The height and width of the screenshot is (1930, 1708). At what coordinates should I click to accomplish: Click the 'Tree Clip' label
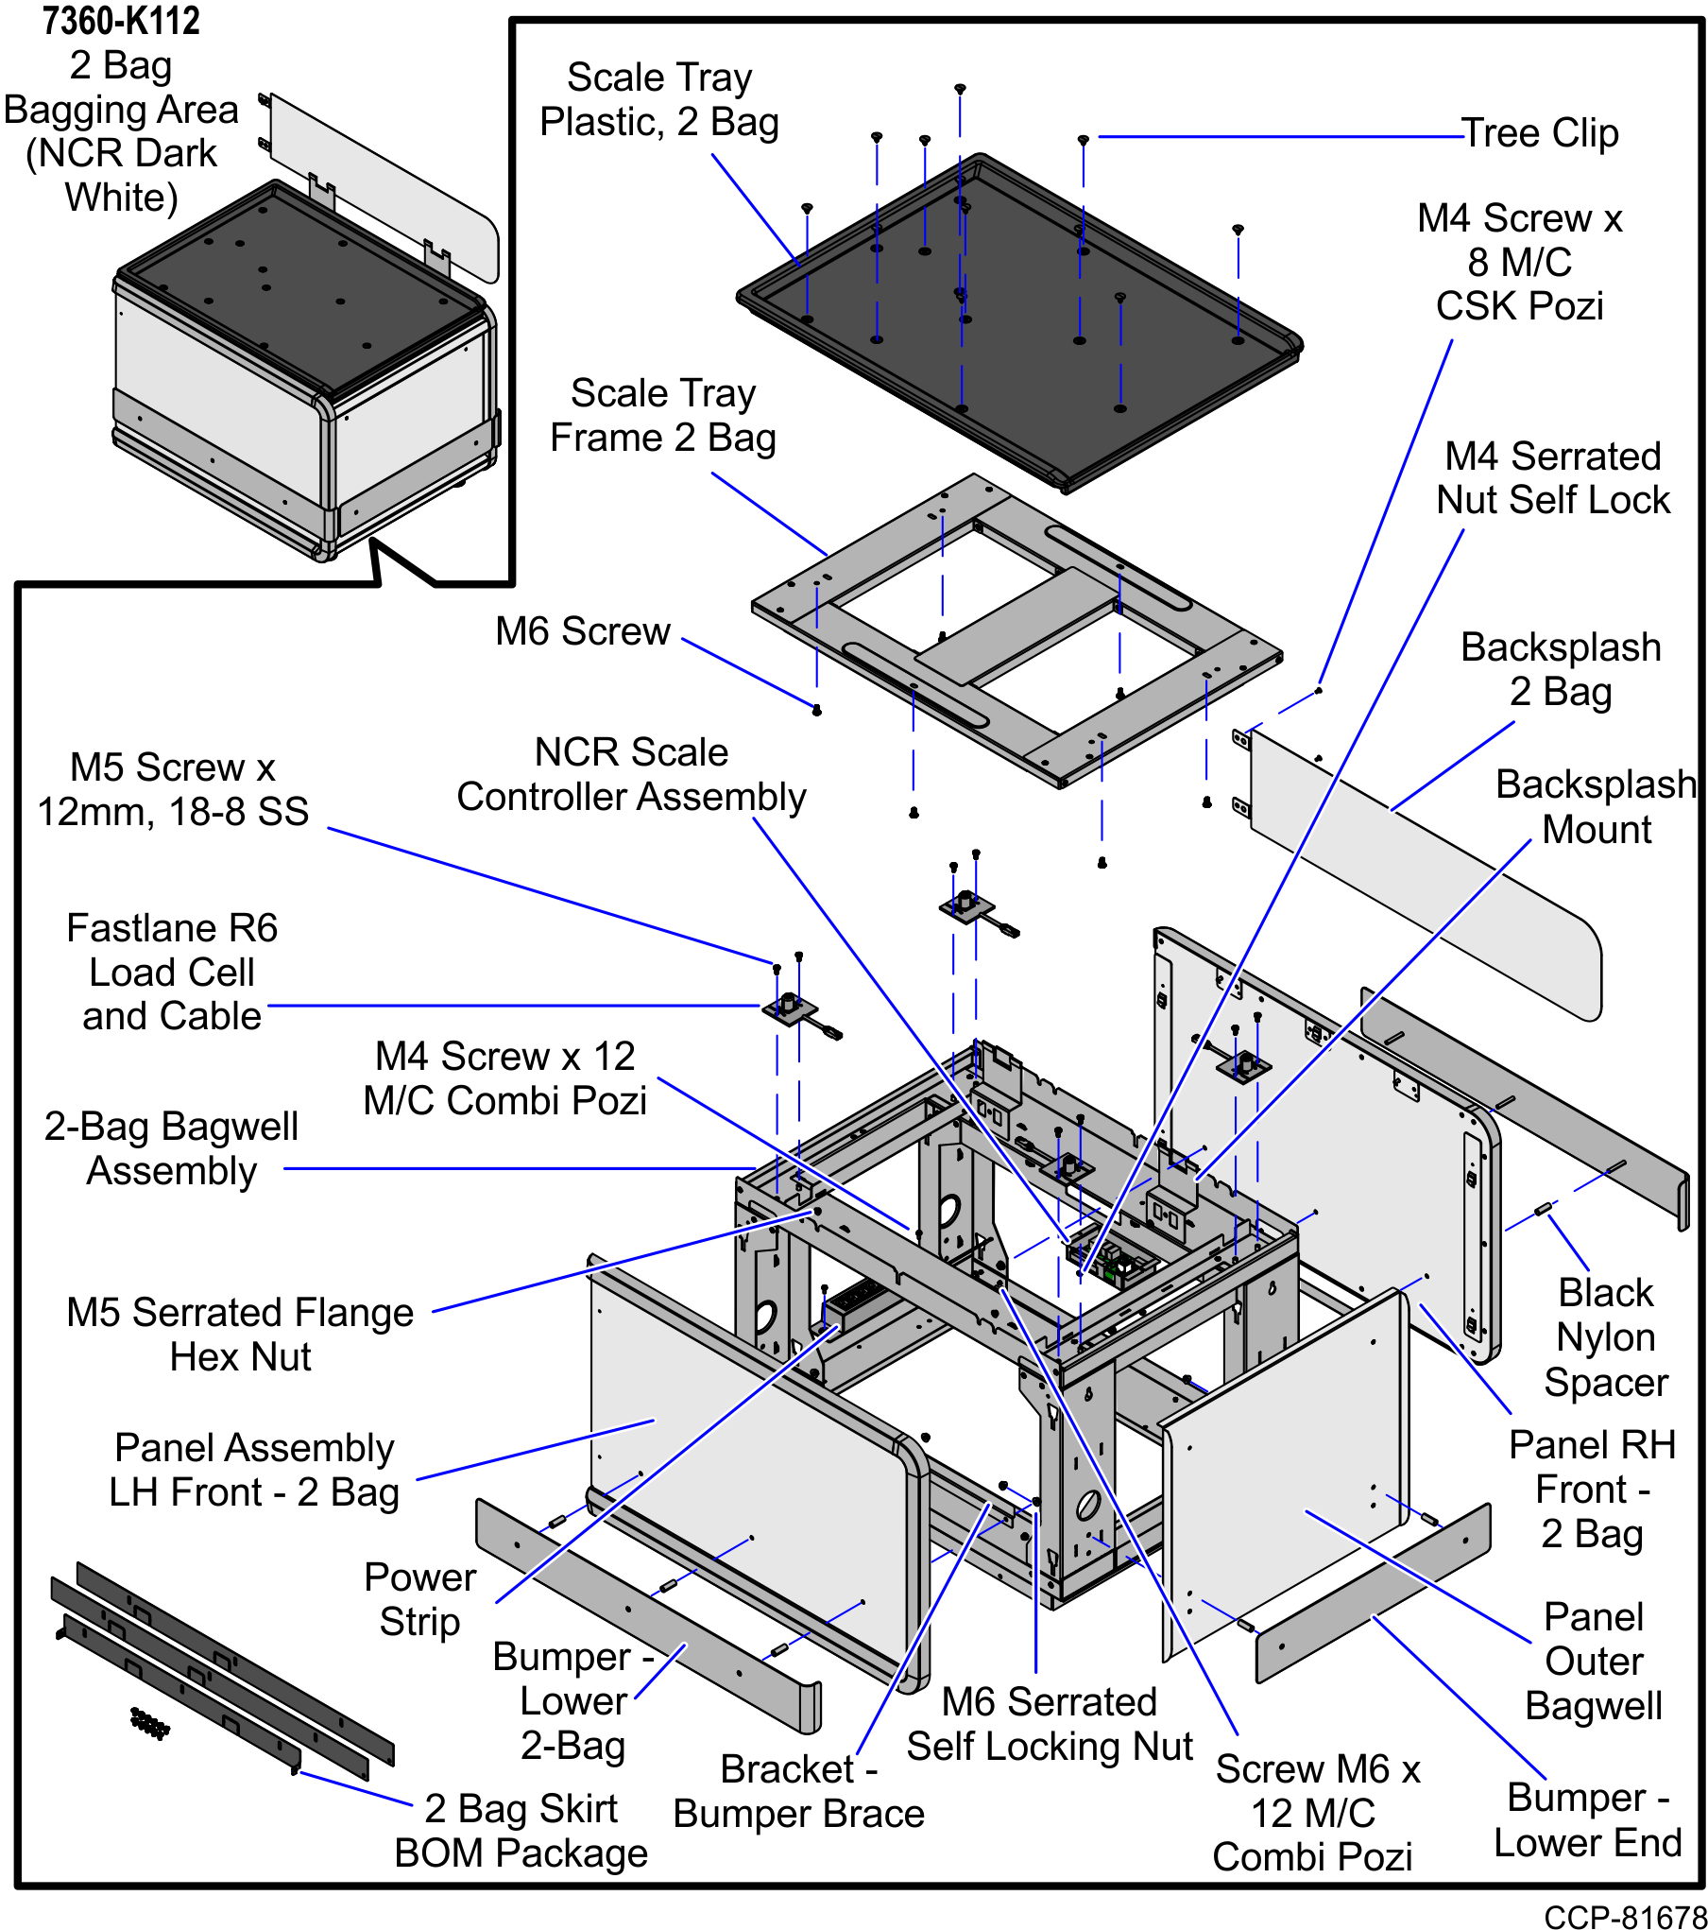tap(1540, 133)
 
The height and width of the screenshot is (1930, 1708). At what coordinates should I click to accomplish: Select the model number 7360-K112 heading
tap(121, 21)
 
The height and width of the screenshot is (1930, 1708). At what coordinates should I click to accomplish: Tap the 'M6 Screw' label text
tap(583, 631)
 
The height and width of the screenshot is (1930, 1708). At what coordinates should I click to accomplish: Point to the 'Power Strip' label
tap(419, 1599)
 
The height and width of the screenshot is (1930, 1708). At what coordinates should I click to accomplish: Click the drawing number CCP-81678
tap(1625, 1916)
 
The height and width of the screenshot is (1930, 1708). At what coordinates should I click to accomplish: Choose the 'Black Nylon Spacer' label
tap(1605, 1336)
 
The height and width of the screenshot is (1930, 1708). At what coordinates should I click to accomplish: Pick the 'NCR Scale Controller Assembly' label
tap(631, 775)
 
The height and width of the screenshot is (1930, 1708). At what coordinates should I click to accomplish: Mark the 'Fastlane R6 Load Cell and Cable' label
tap(172, 972)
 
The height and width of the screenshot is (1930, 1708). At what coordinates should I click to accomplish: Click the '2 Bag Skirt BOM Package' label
tap(521, 1831)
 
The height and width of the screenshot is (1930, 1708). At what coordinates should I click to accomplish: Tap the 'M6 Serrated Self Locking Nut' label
tap(1049, 1724)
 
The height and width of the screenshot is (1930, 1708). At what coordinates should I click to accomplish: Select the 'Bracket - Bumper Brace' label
tap(798, 1791)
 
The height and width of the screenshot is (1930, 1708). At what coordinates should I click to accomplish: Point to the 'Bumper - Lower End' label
tap(1587, 1819)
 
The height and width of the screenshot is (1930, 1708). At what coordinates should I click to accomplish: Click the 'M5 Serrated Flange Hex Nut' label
tap(240, 1335)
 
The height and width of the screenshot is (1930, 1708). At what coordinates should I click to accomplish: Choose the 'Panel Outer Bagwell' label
tap(1594, 1661)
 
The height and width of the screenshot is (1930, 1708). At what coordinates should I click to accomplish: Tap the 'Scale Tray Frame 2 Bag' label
tap(663, 416)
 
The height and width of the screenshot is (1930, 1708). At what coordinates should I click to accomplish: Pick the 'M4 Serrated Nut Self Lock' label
tap(1553, 478)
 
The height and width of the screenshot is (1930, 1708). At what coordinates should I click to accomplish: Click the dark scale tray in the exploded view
tap(1020, 321)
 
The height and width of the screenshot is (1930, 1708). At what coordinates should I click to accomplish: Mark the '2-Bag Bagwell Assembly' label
tap(172, 1148)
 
